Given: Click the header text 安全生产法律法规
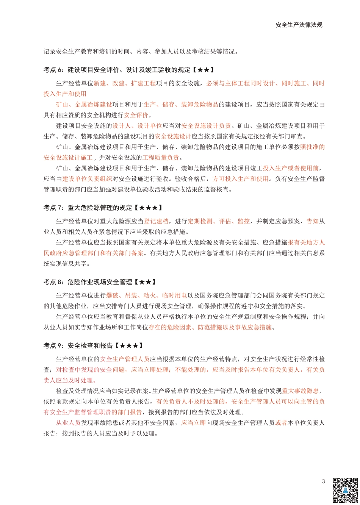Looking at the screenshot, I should (299, 25).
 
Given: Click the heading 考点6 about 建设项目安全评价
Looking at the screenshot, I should (129, 70).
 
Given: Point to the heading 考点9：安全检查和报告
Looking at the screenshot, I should (94, 346).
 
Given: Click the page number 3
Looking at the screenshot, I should (323, 482).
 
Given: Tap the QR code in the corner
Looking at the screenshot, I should (345, 490).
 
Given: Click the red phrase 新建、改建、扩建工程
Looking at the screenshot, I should (125, 83).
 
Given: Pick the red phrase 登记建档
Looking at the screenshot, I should (156, 221).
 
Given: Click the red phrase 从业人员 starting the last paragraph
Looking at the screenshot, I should (68, 423).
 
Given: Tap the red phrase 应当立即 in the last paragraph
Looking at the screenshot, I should (193, 423).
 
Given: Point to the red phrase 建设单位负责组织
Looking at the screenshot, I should (87, 179).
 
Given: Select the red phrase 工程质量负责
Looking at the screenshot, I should (161, 158).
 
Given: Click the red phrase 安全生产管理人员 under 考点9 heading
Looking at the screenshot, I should (125, 359).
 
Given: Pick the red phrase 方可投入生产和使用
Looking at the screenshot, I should (240, 179).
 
